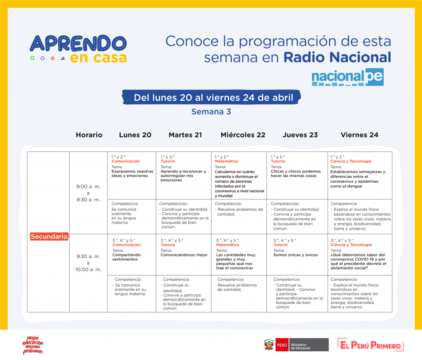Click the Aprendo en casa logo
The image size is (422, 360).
[78, 49]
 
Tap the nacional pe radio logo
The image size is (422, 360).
[347, 77]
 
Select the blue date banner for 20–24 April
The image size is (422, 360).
[211, 97]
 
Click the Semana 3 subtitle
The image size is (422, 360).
[211, 112]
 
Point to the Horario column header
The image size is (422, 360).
[89, 135]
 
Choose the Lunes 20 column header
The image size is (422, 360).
[135, 135]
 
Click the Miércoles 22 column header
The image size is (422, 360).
[243, 135]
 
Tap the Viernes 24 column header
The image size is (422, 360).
[359, 135]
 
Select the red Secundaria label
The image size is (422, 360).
[49, 236]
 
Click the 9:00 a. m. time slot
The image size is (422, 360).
[88, 186]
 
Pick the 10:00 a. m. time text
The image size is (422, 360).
[88, 270]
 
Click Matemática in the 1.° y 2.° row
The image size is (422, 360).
[226, 161]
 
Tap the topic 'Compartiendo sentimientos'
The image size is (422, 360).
[127, 257]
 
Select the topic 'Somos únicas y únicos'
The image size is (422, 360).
[295, 255]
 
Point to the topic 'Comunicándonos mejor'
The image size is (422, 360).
[184, 255]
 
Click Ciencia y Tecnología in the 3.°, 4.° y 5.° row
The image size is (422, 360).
[351, 245]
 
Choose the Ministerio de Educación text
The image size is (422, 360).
[301, 346]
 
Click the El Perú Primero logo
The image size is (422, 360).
[370, 345]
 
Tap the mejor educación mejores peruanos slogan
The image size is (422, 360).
[33, 345]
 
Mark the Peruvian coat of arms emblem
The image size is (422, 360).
[269, 345]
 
